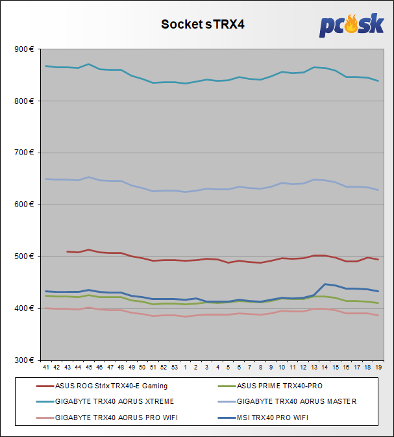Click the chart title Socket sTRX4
pyautogui.click(x=197, y=25)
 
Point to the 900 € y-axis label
pyautogui.click(x=25, y=49)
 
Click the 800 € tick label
pyautogui.click(x=25, y=101)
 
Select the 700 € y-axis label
pyautogui.click(x=25, y=153)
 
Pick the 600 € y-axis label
pyautogui.click(x=25, y=205)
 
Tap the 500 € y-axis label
pyautogui.click(x=25, y=256)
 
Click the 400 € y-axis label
pyautogui.click(x=25, y=308)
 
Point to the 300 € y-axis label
pyautogui.click(x=25, y=360)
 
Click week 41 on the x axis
pyautogui.click(x=45, y=368)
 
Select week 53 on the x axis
pyautogui.click(x=174, y=368)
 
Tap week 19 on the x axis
pyautogui.click(x=378, y=368)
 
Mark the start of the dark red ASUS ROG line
pyautogui.click(x=67, y=251)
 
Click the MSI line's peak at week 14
pyautogui.click(x=325, y=284)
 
